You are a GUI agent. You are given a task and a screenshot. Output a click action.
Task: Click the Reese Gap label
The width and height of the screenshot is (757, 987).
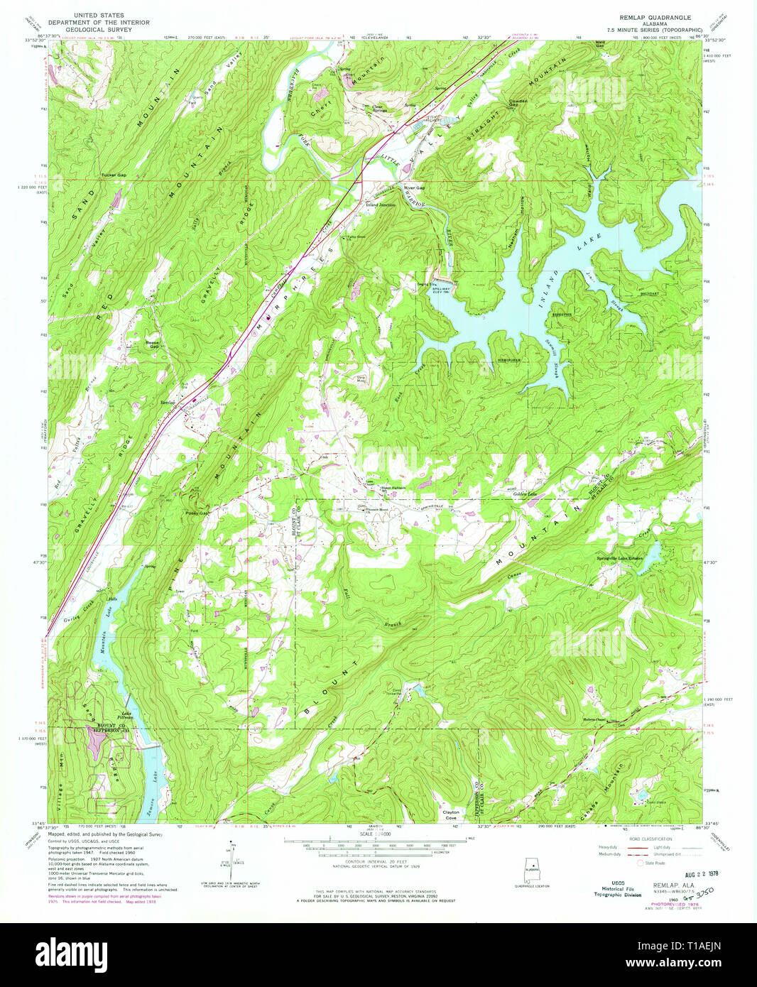point(152,344)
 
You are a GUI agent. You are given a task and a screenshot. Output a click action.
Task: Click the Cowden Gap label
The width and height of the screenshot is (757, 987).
point(518,102)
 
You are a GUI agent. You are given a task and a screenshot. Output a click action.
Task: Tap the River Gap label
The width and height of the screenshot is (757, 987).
point(415,188)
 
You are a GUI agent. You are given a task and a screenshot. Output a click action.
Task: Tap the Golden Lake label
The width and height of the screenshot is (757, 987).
point(525,494)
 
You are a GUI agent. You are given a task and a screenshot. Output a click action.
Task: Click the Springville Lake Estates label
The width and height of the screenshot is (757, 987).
point(619,559)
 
